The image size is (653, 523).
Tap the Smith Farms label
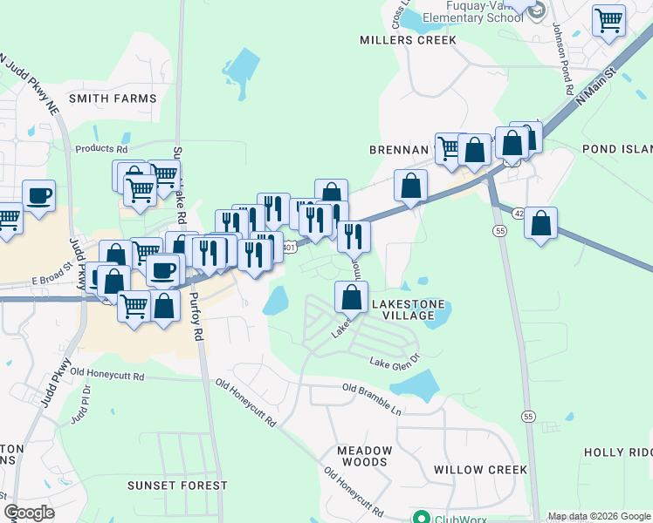pos(113,98)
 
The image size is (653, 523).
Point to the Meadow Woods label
pos(365,456)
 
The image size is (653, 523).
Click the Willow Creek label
pos(480,470)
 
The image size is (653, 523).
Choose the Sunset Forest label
pos(177,485)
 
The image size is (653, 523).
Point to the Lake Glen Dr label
pos(395,359)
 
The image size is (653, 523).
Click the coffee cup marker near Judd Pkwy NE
pos(38,195)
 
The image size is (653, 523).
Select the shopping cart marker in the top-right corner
pos(608,21)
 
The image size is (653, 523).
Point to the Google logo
pos(30,513)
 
